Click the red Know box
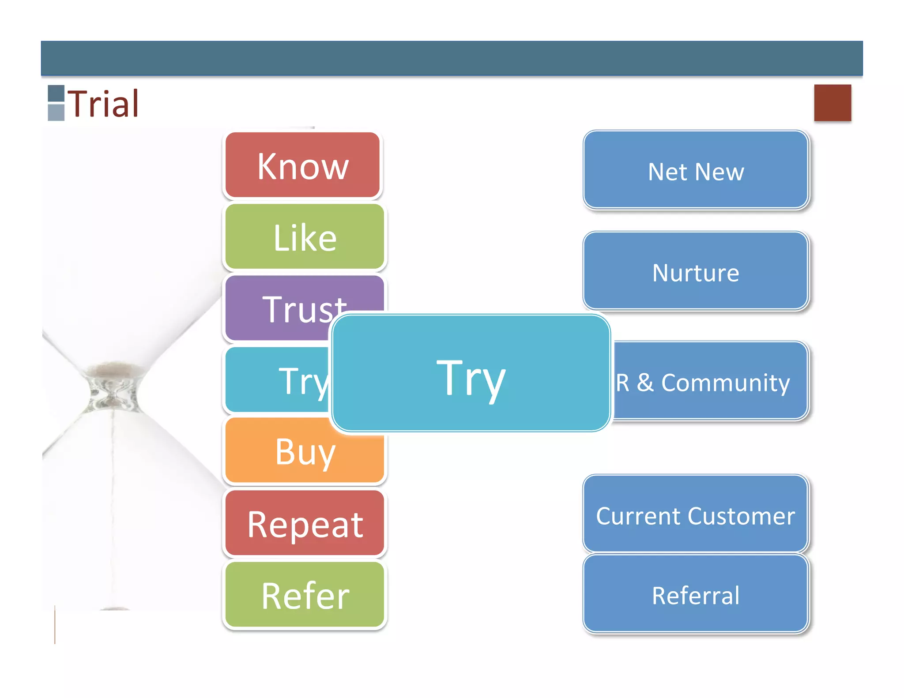[302, 165]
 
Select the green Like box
[305, 237]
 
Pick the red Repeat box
[305, 523]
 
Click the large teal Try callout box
[471, 373]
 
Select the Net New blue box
[696, 170]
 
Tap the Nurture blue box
[696, 271]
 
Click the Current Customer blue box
[696, 514]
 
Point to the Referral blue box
[696, 594]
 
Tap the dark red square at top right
[832, 103]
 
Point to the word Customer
[742, 516]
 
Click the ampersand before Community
[645, 383]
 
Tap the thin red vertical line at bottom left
[55, 625]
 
